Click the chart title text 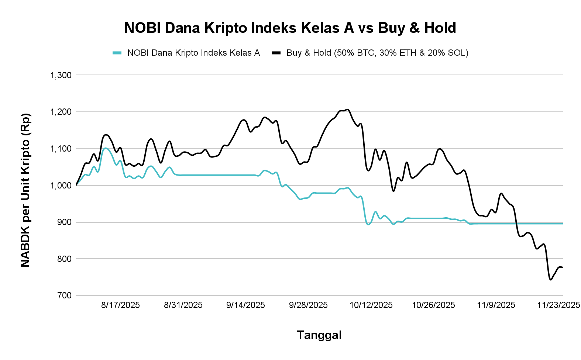(x=290, y=28)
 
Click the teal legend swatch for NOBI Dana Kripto (x=117, y=53)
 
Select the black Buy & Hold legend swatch (x=276, y=53)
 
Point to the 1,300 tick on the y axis (x=61, y=75)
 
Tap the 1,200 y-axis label (x=61, y=112)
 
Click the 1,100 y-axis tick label (x=61, y=149)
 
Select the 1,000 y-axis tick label (x=61, y=186)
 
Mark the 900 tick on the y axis (x=65, y=222)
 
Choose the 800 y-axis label (x=65, y=259)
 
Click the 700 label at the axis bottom (x=65, y=295)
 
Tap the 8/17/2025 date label (x=120, y=305)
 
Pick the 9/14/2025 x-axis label (x=245, y=305)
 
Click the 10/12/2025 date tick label (x=371, y=305)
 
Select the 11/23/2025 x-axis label (x=558, y=305)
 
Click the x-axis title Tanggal (x=319, y=335)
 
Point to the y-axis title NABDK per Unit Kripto (x=25, y=190)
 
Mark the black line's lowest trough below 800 (x=550, y=280)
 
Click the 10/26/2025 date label (x=433, y=305)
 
